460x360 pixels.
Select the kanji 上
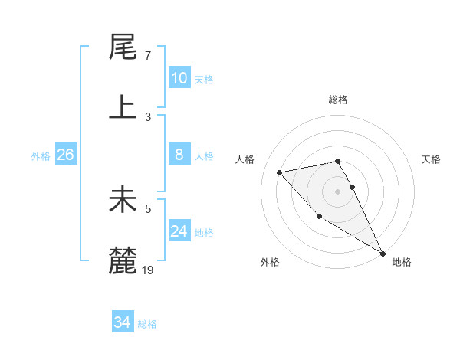pos(123,107)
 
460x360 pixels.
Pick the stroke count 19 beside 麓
pos(149,270)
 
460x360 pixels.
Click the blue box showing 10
pos(179,78)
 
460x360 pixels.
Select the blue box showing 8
pos(179,155)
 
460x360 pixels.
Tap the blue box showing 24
pos(179,231)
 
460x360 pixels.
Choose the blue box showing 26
pos(65,155)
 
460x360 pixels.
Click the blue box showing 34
pos(122,322)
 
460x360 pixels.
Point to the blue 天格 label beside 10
pos(203,80)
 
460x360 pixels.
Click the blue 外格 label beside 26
pos(41,156)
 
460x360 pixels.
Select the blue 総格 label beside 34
pos(147,324)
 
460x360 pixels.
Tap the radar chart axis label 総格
pos(337,100)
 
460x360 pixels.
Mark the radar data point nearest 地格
pos(383,254)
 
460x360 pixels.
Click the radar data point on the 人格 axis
pos(280,172)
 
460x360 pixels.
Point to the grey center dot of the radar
pos(337,191)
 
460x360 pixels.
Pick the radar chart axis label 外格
pos(270,262)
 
